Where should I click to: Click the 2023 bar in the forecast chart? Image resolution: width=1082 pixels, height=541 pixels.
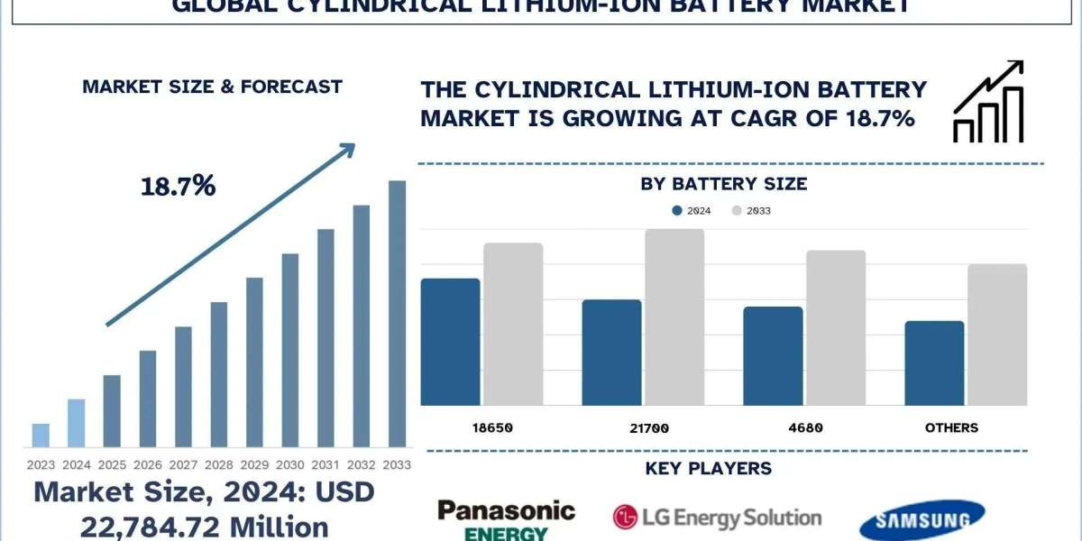pyautogui.click(x=41, y=436)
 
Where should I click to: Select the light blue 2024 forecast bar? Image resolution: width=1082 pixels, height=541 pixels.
pyautogui.click(x=77, y=423)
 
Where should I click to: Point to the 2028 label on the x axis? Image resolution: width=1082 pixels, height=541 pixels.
pyautogui.click(x=219, y=465)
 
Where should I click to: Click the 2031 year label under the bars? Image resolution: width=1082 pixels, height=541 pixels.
pyautogui.click(x=326, y=465)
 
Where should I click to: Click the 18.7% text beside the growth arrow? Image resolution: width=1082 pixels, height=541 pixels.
pyautogui.click(x=178, y=187)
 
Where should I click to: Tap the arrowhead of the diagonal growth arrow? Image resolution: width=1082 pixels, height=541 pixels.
pyautogui.click(x=346, y=150)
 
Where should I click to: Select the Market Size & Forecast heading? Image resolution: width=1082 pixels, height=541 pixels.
pyautogui.click(x=212, y=87)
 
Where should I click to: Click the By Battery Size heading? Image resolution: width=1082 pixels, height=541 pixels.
pyautogui.click(x=723, y=184)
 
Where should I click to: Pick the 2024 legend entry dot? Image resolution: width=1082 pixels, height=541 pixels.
pyautogui.click(x=677, y=211)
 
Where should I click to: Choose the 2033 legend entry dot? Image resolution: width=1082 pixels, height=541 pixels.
pyautogui.click(x=736, y=211)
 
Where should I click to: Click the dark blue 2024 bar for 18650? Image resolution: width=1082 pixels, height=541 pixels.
pyautogui.click(x=451, y=342)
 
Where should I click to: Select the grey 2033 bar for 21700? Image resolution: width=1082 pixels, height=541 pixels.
pyautogui.click(x=674, y=317)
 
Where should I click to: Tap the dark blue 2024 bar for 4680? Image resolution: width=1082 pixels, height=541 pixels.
pyautogui.click(x=773, y=356)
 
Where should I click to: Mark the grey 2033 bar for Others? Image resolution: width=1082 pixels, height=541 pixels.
pyautogui.click(x=997, y=335)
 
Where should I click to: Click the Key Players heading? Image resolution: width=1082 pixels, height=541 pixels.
pyautogui.click(x=709, y=469)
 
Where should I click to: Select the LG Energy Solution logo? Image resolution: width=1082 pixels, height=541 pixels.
pyautogui.click(x=717, y=517)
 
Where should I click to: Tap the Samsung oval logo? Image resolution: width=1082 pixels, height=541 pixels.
pyautogui.click(x=922, y=520)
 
